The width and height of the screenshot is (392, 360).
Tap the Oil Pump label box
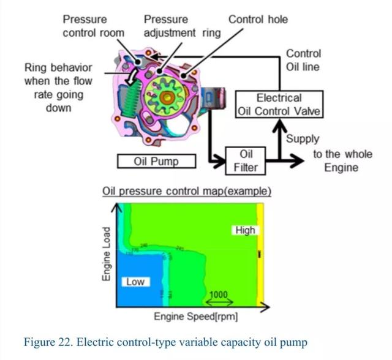[x=156, y=162]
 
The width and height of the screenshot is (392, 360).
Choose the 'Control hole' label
[x=258, y=19]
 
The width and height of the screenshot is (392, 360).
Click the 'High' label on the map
[x=245, y=230]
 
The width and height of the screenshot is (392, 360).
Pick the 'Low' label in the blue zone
[x=135, y=282]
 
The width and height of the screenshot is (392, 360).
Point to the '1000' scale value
[x=219, y=294]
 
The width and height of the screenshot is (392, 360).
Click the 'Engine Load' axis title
[x=106, y=255]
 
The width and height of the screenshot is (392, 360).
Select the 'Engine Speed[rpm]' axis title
[x=196, y=317]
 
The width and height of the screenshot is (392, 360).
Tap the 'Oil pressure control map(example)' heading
[x=186, y=191]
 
